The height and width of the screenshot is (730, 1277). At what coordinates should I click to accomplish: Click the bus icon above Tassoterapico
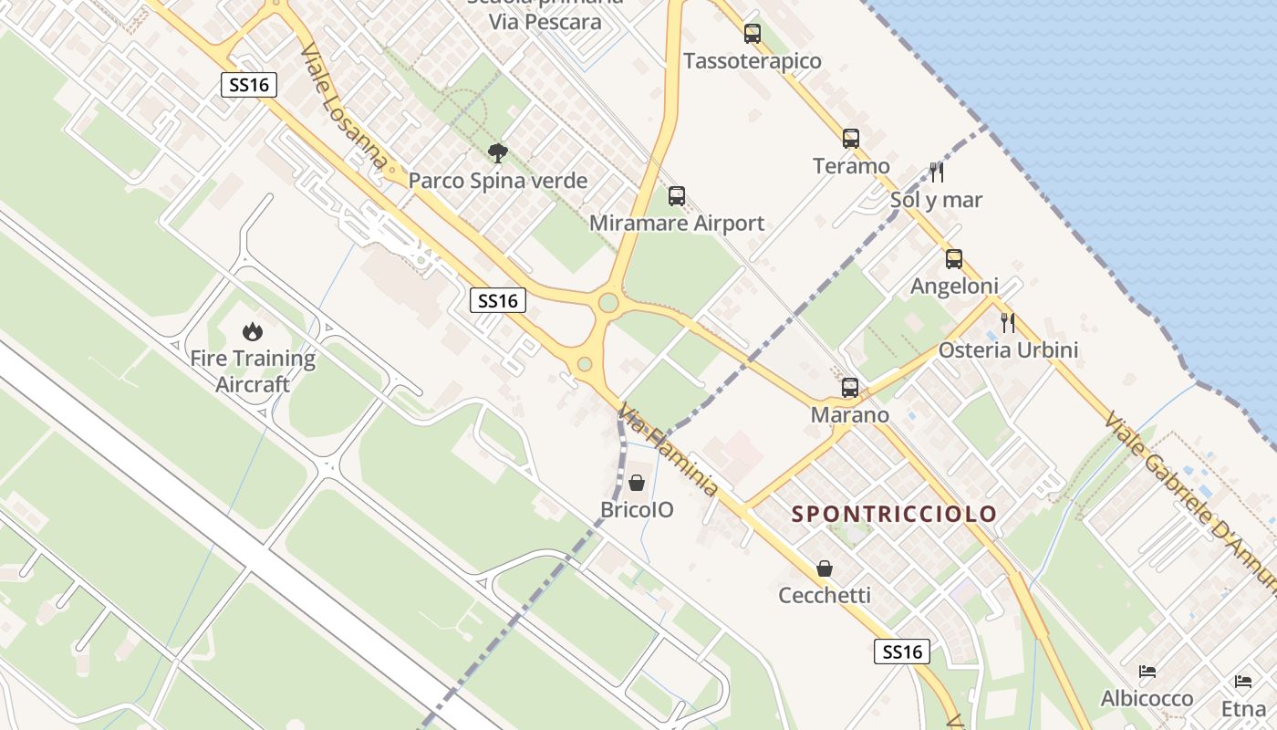click(x=752, y=34)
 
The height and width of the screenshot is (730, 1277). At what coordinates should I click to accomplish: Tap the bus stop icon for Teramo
click(x=851, y=139)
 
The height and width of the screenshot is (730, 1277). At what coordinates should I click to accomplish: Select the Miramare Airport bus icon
click(x=677, y=196)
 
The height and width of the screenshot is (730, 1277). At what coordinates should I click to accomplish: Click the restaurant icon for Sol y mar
click(x=937, y=172)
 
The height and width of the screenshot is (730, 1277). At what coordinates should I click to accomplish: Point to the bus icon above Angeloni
click(x=954, y=259)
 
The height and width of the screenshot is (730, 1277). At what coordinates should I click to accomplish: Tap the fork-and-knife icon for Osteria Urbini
click(x=1008, y=322)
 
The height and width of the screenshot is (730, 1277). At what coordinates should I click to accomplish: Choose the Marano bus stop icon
click(x=850, y=388)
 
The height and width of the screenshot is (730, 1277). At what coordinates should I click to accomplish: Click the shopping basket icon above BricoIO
click(x=637, y=483)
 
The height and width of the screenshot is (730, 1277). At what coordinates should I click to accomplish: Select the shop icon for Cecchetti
click(x=825, y=568)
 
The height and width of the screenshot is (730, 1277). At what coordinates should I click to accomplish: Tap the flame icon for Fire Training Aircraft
click(x=253, y=331)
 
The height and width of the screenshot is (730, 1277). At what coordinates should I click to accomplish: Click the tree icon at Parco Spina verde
click(x=497, y=153)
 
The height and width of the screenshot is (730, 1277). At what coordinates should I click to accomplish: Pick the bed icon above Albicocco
click(x=1147, y=672)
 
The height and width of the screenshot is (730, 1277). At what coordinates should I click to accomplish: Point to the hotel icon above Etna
click(x=1243, y=681)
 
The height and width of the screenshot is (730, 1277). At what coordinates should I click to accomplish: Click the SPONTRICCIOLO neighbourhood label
click(x=894, y=514)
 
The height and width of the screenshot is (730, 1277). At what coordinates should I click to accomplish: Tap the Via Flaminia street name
click(x=669, y=451)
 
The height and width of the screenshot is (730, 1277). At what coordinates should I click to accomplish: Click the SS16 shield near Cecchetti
click(x=903, y=652)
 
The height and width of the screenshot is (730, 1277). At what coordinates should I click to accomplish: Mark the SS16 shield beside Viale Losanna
click(x=249, y=85)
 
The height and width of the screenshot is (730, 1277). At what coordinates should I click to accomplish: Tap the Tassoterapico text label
click(x=753, y=61)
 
